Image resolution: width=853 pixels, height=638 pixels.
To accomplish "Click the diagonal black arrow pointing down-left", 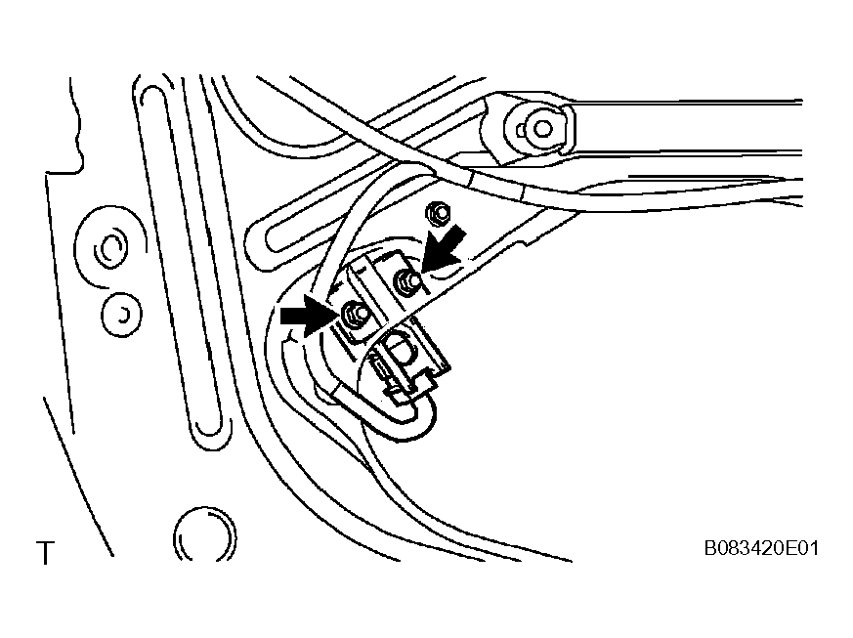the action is [445, 249].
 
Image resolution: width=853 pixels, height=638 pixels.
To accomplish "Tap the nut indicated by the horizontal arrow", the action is [354, 314].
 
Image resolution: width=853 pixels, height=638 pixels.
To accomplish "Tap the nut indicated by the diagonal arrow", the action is [406, 281].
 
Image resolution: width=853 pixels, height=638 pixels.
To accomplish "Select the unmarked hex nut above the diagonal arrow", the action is [439, 213].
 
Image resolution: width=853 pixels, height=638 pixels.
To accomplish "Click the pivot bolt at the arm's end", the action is [540, 129].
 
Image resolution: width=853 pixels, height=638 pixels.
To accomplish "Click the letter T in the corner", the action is [46, 553].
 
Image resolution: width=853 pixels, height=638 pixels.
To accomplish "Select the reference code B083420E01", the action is [761, 548].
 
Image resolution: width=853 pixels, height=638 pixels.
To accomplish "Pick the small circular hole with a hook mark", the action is [122, 315].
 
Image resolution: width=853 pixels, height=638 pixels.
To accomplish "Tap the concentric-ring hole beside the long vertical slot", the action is [110, 248].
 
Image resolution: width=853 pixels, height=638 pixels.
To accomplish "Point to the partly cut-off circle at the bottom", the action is [205, 534].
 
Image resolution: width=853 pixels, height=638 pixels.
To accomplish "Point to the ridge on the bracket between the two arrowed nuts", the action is [380, 294].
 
